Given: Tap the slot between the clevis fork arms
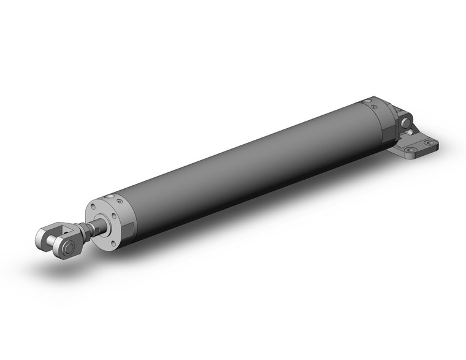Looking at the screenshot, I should [56, 236].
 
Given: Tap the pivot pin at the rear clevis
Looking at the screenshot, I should [405, 124].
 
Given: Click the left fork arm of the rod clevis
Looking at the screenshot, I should [45, 235].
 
